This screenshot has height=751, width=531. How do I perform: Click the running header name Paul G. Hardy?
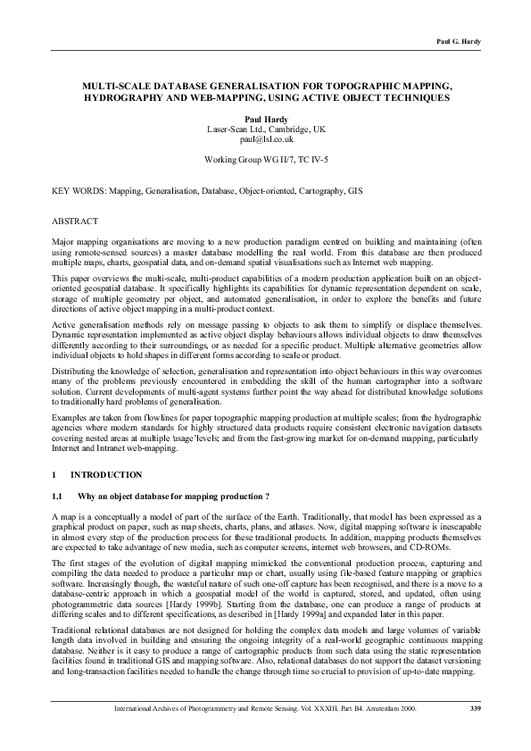460,42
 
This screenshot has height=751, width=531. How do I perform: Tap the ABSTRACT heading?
75,220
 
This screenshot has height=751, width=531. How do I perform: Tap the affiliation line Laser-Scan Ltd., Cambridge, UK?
266,129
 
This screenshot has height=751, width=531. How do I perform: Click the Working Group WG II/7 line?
266,162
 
